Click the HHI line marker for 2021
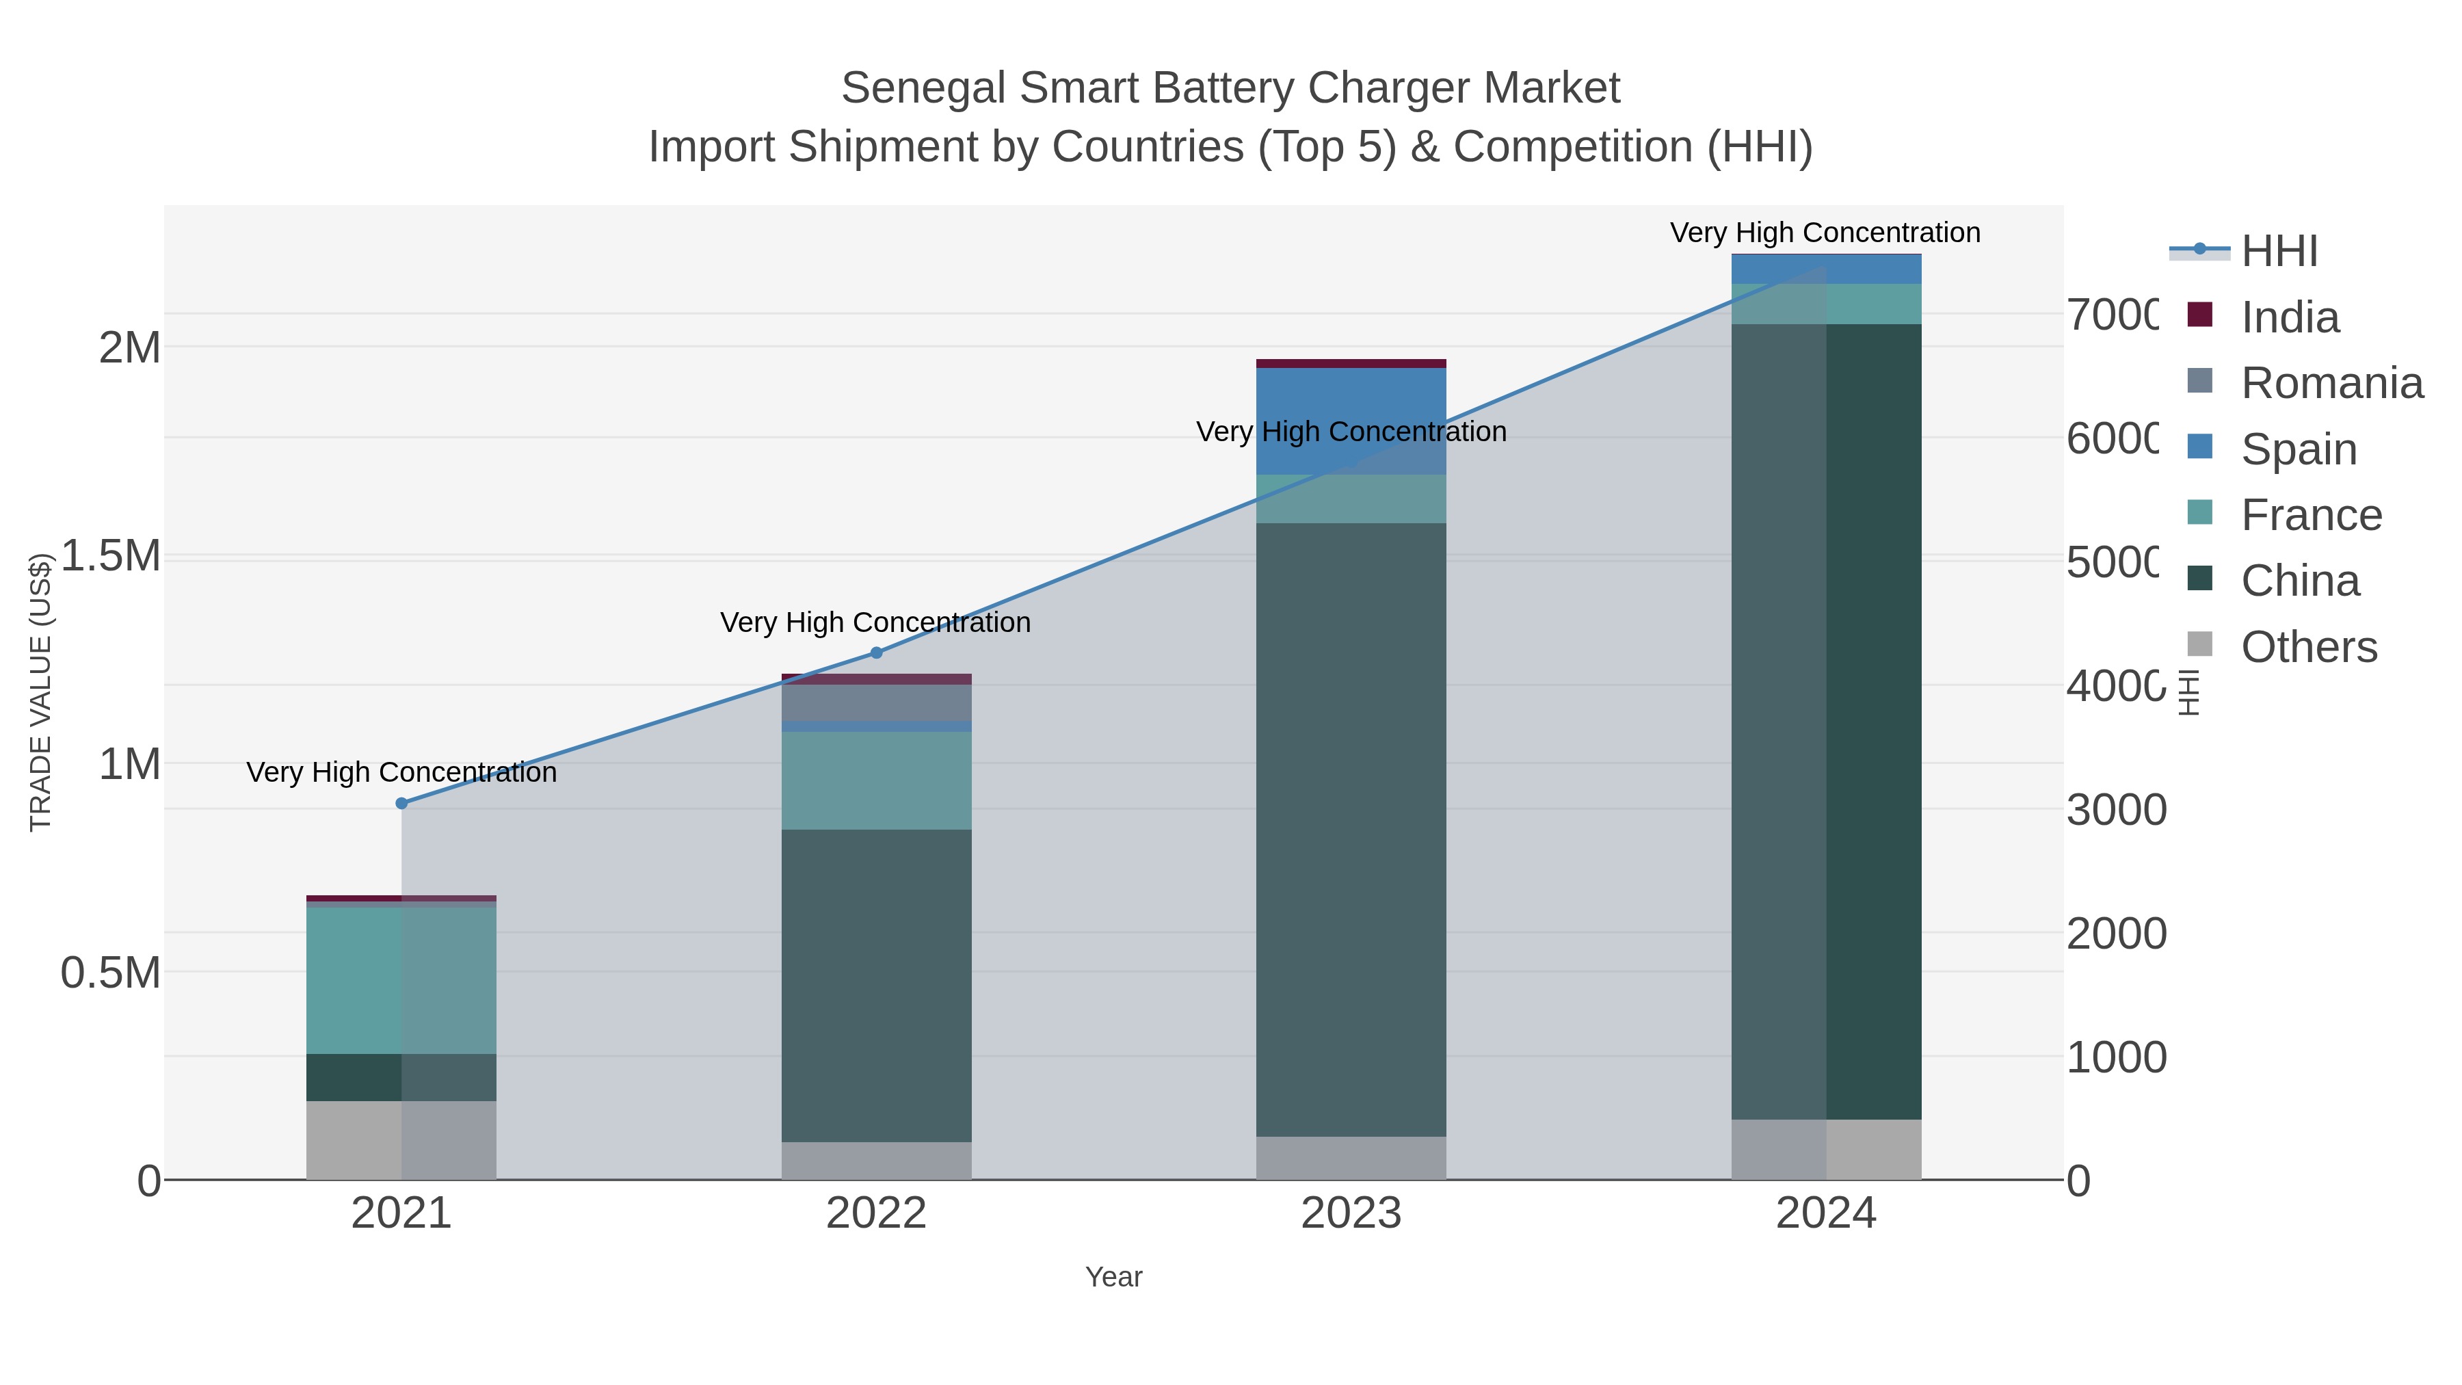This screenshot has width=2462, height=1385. (x=401, y=804)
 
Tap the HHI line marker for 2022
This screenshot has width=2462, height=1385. (x=877, y=653)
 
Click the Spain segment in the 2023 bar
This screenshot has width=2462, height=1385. (x=1351, y=421)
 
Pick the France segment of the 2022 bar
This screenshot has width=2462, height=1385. (x=877, y=780)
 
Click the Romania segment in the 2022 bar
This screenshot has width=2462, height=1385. (x=877, y=702)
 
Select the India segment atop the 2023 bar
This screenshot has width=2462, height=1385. (x=1351, y=363)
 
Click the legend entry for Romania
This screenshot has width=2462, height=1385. (x=2331, y=383)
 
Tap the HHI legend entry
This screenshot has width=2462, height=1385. (x=2279, y=252)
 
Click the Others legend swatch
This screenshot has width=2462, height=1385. (x=2199, y=645)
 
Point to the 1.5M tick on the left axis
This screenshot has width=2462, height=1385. (x=111, y=556)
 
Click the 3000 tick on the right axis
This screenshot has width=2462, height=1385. (x=2116, y=810)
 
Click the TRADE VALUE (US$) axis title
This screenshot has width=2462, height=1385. (x=40, y=692)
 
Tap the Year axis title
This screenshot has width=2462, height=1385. (x=1113, y=1277)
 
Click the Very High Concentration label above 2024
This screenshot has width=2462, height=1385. (x=1825, y=233)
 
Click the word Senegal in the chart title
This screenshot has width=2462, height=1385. (x=923, y=89)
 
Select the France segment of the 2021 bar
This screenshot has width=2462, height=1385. (x=401, y=979)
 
